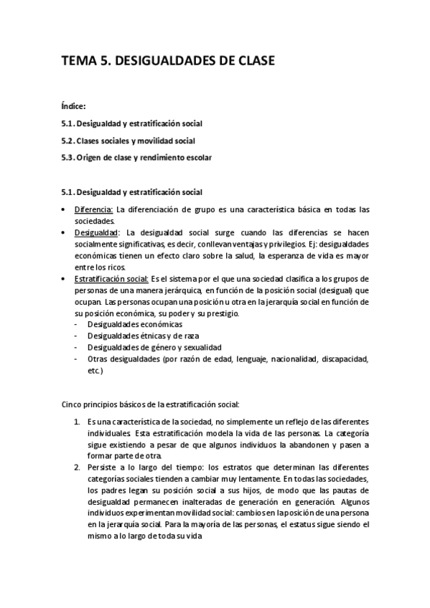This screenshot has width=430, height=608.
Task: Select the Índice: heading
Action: (74, 105)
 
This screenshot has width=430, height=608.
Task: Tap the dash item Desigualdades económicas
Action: (134, 324)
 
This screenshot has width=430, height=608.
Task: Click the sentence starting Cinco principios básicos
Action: (155, 404)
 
